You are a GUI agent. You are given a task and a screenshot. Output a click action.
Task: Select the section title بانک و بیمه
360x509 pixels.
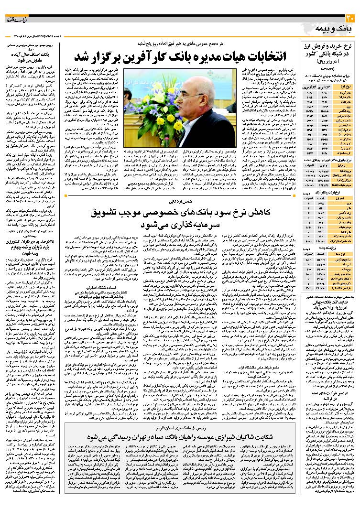tap(335, 30)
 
